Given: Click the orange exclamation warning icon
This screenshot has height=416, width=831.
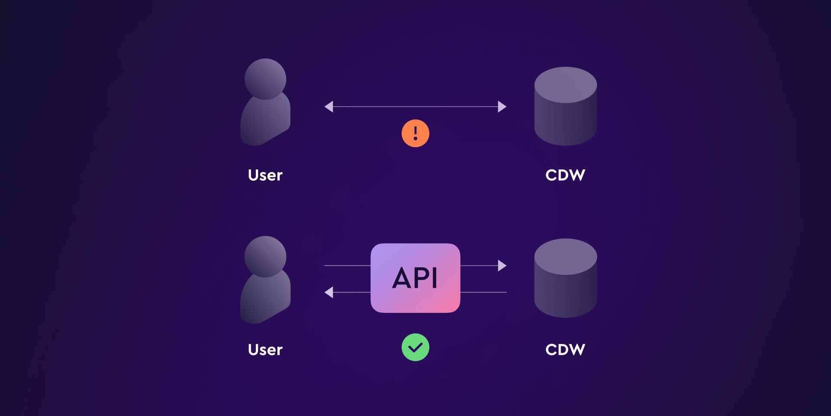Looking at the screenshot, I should (415, 133).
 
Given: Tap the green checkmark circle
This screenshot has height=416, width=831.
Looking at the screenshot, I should (415, 347).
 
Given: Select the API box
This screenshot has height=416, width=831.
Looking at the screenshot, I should (415, 278).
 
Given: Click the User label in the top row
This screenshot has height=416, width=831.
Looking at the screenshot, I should (265, 175).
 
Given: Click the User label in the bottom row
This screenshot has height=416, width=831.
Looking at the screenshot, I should (265, 350).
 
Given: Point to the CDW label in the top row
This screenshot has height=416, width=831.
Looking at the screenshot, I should (565, 175).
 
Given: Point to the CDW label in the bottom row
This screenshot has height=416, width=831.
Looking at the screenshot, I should (565, 350).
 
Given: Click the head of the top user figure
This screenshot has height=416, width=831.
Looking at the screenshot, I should (265, 78).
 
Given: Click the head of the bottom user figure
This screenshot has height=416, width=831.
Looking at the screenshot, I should (265, 256).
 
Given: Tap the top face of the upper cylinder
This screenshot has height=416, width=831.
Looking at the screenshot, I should (566, 84).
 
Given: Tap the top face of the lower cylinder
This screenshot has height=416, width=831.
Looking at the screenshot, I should (566, 256).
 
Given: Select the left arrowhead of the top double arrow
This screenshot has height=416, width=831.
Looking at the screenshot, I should (329, 107).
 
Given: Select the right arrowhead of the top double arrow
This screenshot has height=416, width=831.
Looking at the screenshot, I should (502, 107).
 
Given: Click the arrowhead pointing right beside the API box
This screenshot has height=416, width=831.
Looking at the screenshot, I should (502, 266).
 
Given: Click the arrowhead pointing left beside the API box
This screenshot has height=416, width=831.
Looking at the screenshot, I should (329, 292).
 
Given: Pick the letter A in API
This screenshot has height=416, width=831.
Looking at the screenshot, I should (402, 278).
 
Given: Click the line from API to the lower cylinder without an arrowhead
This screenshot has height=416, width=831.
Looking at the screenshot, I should (483, 292).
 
